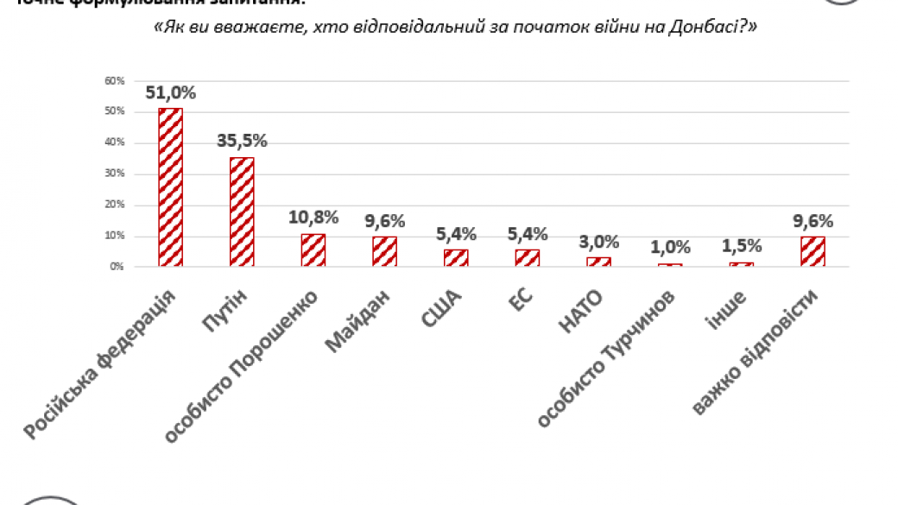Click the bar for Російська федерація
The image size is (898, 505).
coord(170,187)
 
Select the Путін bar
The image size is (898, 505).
coord(242,211)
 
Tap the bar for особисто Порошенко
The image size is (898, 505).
coord(313,249)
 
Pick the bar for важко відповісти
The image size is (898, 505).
coord(813,251)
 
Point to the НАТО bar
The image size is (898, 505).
coord(598,262)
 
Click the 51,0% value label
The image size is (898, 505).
coord(171,92)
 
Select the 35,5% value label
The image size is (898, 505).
coord(242,141)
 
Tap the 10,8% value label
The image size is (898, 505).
coord(313,217)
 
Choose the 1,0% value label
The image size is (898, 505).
coord(670,247)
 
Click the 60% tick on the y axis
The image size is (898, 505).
coord(115,81)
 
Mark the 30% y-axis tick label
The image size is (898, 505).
coord(115,174)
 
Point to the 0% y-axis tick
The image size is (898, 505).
coord(117,267)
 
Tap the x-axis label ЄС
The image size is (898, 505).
coord(521,303)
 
